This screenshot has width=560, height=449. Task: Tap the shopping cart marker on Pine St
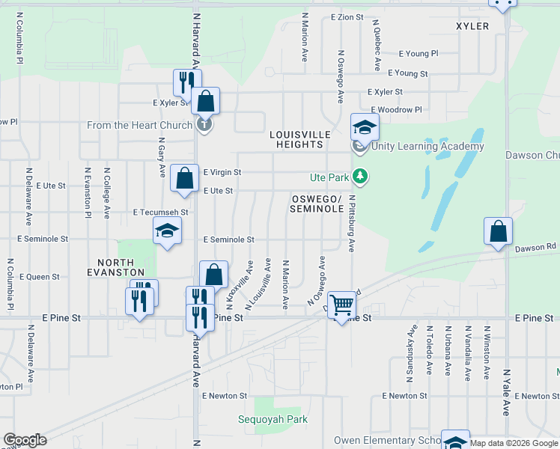341,305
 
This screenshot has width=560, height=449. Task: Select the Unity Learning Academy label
427,147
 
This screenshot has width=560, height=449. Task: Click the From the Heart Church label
139,125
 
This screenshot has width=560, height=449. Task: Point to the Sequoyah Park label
273,419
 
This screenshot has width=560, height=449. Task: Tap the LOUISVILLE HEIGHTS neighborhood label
300,139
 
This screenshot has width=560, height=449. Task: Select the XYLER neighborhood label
472,26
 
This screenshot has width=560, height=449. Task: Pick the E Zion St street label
347,16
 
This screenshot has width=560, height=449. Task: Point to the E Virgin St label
222,172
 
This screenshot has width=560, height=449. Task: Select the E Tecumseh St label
160,213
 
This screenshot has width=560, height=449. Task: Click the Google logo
25,440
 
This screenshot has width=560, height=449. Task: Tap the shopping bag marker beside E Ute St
184,178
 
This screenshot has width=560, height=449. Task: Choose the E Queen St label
40,277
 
